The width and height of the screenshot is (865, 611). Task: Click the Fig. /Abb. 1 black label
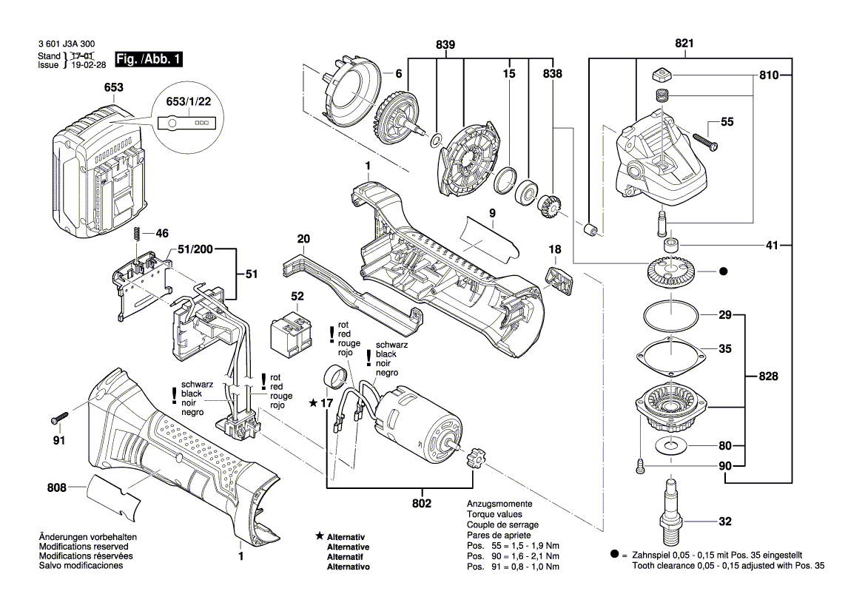(x=148, y=60)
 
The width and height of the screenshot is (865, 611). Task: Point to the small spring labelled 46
(x=137, y=233)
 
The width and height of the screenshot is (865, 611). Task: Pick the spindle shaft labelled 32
(x=671, y=510)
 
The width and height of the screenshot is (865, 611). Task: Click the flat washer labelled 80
(x=673, y=445)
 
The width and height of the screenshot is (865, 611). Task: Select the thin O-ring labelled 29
(x=670, y=317)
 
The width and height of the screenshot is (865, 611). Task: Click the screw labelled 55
(x=704, y=138)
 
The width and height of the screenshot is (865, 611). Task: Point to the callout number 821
(x=684, y=44)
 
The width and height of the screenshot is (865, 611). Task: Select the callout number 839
(x=445, y=44)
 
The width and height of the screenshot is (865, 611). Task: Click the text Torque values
(x=494, y=514)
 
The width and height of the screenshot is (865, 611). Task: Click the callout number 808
(x=55, y=487)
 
